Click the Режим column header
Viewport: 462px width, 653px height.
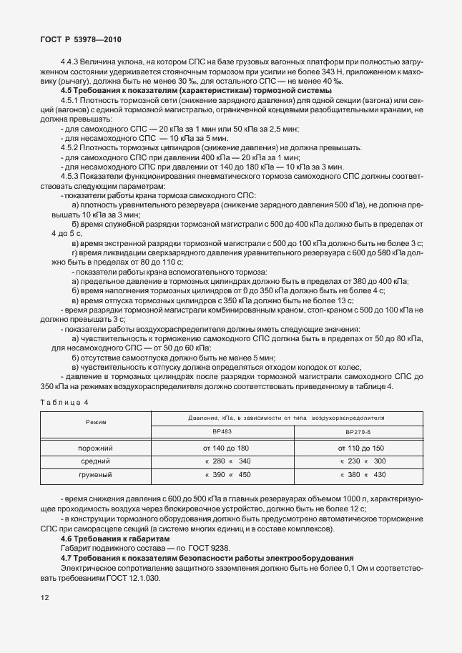coord(96,423)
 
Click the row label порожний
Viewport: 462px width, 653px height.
coord(96,447)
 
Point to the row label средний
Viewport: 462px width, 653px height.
coord(96,461)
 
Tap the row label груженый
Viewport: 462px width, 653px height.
coord(96,474)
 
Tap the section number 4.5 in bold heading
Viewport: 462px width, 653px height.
coord(67,90)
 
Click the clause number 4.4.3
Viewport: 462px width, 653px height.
coord(72,63)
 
